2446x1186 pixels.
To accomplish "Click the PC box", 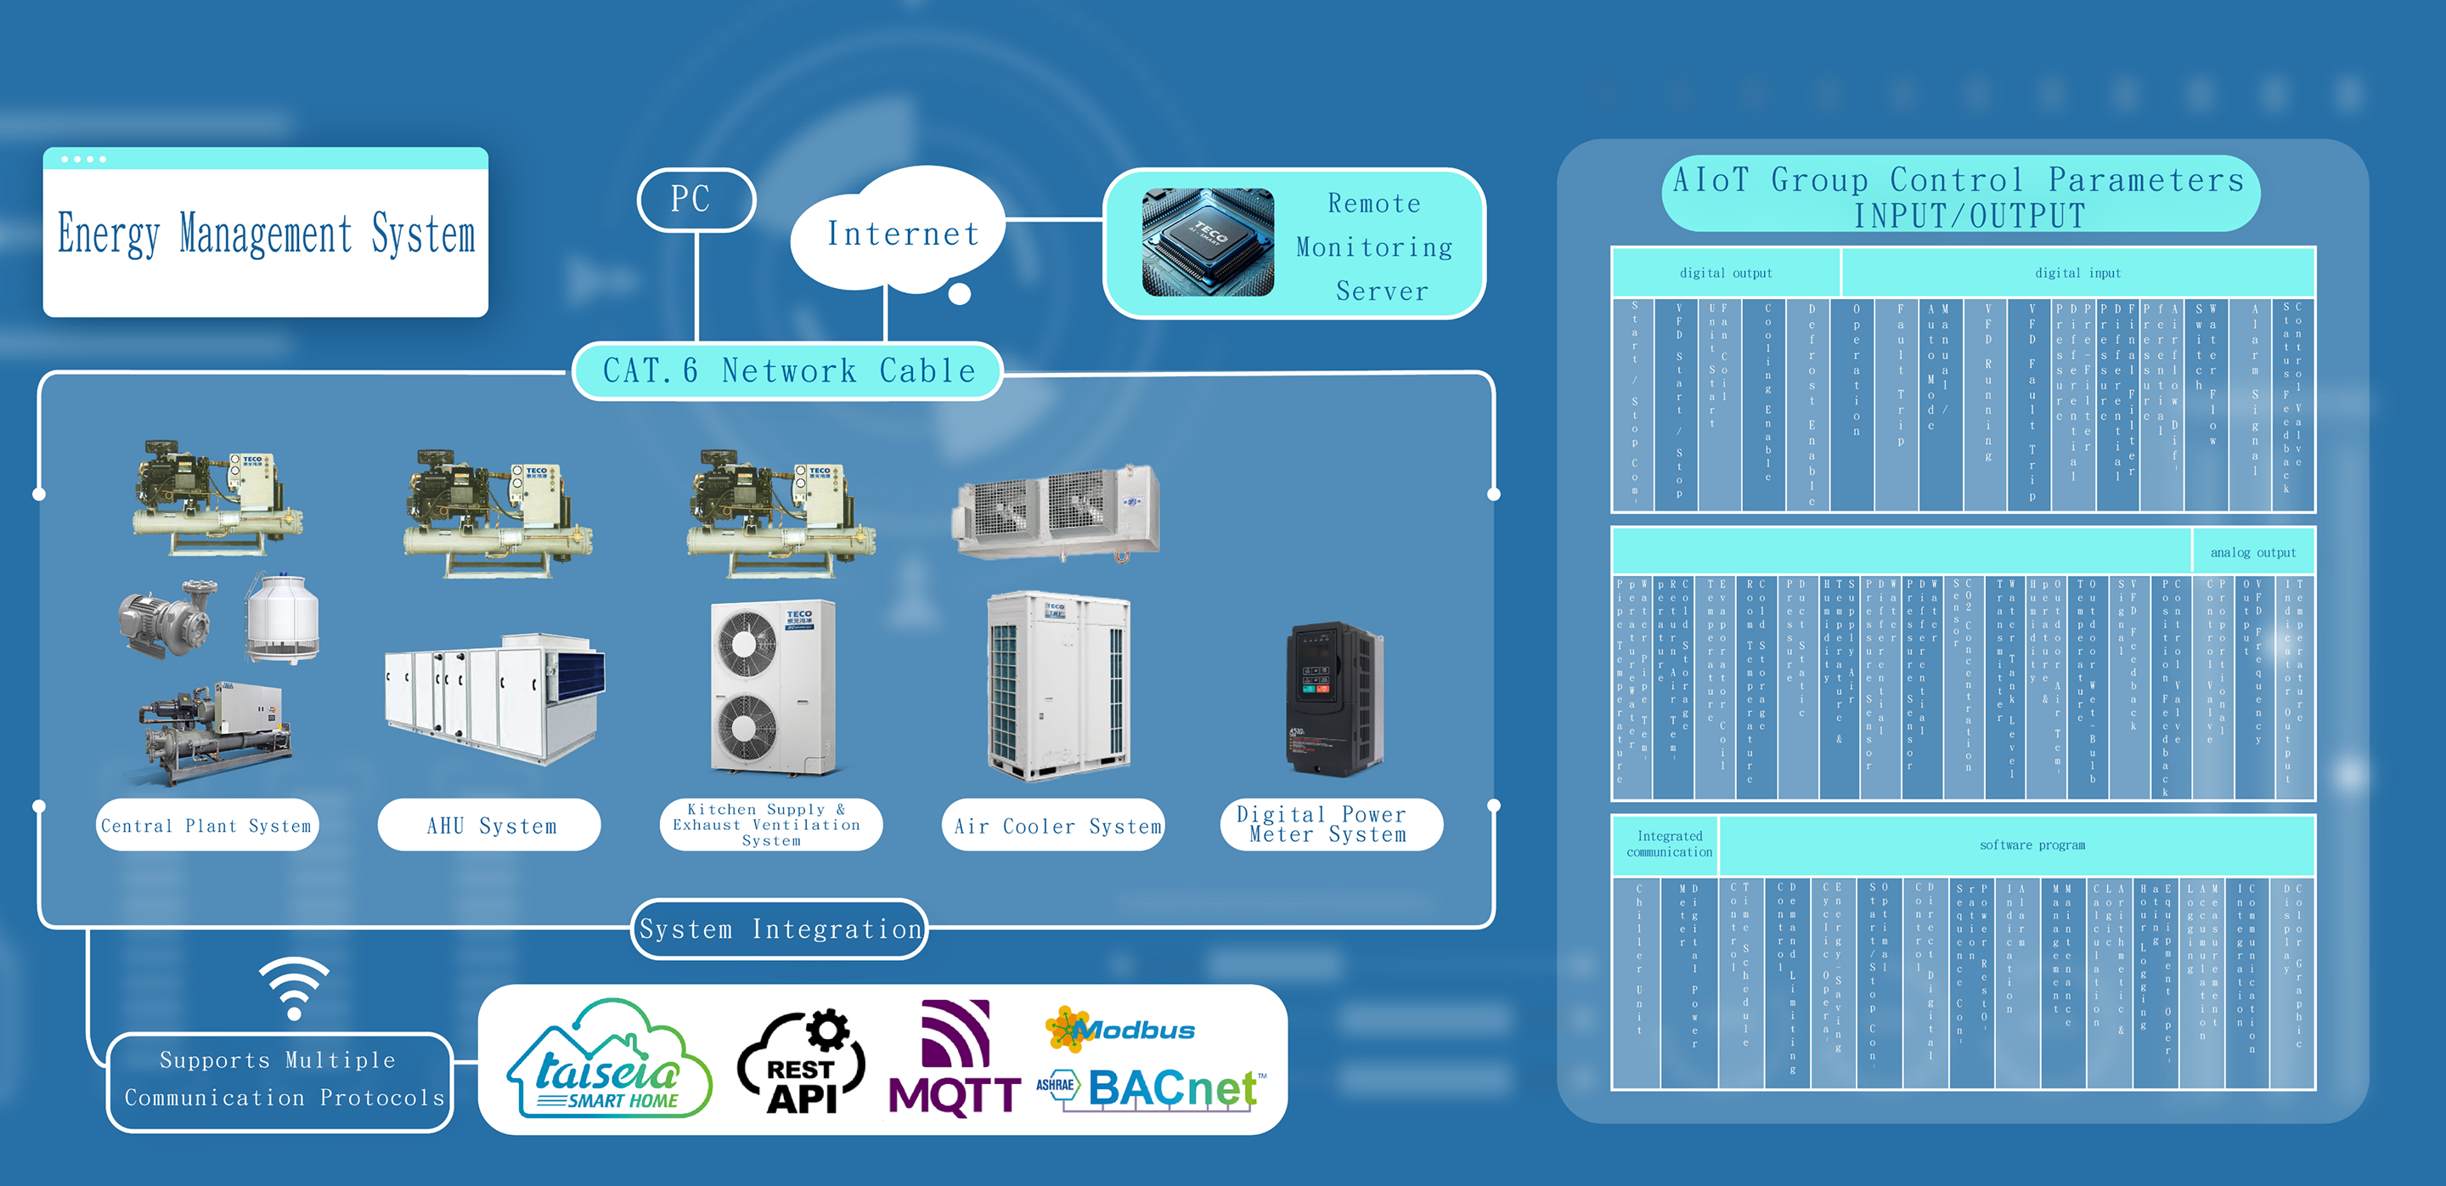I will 695,200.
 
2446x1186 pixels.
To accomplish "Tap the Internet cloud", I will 901,233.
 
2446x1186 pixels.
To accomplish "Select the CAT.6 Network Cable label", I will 788,370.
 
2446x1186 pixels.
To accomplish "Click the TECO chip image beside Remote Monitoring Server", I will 1207,243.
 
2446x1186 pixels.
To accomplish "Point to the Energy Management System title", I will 266,234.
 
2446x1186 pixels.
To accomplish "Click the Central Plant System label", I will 207,825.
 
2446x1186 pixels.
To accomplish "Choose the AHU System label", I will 490,825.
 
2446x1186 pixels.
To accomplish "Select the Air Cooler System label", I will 1056,825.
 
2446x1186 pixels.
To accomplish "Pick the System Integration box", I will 780,929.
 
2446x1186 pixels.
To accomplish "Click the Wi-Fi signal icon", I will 295,987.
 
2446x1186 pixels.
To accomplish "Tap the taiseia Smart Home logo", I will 609,1059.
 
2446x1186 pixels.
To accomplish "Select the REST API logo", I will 803,1064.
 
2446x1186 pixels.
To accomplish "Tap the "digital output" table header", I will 1725,273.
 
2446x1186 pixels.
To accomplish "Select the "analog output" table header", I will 2252,551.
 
